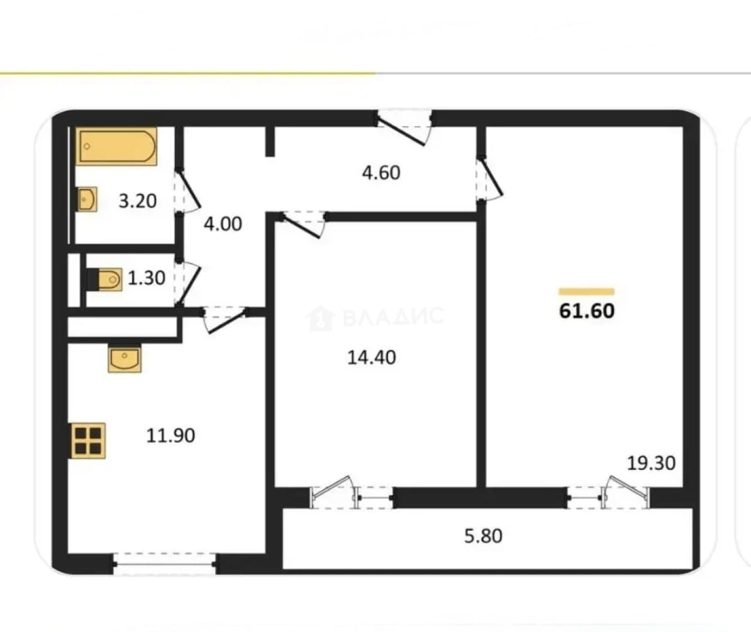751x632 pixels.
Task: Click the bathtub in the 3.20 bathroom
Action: pyautogui.click(x=116, y=146)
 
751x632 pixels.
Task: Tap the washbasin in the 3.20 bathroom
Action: pyautogui.click(x=87, y=199)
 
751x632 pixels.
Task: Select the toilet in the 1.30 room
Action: pyautogui.click(x=105, y=279)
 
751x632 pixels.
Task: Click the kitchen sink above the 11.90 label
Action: pyautogui.click(x=125, y=358)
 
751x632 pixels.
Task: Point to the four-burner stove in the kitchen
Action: pyautogui.click(x=88, y=440)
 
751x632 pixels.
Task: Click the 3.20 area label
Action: pyautogui.click(x=138, y=201)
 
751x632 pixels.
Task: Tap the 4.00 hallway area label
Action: pyautogui.click(x=223, y=224)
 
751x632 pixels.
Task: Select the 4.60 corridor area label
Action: pyautogui.click(x=381, y=172)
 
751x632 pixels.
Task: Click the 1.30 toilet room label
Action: pyautogui.click(x=146, y=278)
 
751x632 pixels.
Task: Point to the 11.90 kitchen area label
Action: pyautogui.click(x=171, y=435)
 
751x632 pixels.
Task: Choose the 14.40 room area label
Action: pyautogui.click(x=372, y=357)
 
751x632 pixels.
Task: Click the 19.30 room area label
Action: pyautogui.click(x=652, y=463)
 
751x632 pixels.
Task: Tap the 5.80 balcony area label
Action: pyautogui.click(x=483, y=536)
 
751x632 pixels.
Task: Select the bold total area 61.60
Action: pyautogui.click(x=587, y=311)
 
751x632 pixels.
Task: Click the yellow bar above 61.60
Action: pyautogui.click(x=587, y=291)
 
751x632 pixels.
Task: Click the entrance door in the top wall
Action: pyautogui.click(x=404, y=127)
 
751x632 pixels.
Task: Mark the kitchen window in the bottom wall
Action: pyautogui.click(x=165, y=564)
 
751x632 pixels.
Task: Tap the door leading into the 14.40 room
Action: pyautogui.click(x=304, y=224)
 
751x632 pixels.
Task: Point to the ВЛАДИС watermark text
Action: pyautogui.click(x=393, y=317)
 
